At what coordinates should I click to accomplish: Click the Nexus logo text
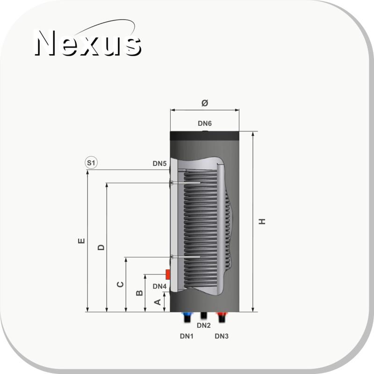tap(88, 43)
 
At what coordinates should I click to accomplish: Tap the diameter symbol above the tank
tap(205, 103)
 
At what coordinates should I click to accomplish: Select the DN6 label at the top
tap(205, 123)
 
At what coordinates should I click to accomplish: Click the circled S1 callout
tap(91, 163)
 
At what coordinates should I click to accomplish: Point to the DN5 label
tap(159, 163)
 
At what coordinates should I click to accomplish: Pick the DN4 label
tap(159, 286)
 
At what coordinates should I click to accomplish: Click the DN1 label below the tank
tap(187, 336)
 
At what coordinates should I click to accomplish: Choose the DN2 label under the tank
tap(204, 325)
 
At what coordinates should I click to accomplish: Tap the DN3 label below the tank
tap(222, 336)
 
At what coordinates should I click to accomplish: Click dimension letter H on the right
tap(262, 221)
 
